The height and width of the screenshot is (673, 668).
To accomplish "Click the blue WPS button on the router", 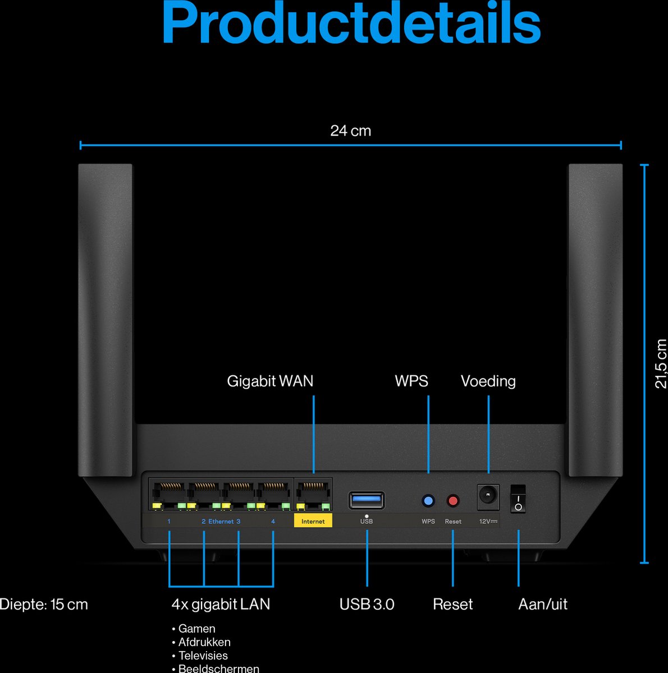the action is [428, 501].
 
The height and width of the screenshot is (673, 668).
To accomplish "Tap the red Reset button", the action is [453, 501].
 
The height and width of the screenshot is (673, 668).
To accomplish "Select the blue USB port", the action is [367, 500].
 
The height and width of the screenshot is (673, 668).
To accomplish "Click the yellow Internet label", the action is [313, 521].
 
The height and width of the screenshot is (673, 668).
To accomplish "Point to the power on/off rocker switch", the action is [518, 499].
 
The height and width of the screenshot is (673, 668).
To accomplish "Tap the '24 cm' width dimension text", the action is [350, 131].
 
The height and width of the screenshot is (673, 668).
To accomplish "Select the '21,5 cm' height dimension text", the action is [661, 363].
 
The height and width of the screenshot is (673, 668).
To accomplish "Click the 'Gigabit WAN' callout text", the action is [270, 381].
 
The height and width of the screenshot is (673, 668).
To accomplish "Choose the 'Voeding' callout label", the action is [488, 381].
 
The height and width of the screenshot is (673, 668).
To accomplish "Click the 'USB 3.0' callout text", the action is [367, 605].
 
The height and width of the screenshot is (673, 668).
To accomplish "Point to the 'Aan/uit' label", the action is [543, 605].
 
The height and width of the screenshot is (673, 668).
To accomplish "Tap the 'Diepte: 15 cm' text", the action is [44, 605].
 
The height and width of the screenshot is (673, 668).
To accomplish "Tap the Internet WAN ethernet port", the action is [313, 495].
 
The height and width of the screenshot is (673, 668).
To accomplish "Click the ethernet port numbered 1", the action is [168, 495].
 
